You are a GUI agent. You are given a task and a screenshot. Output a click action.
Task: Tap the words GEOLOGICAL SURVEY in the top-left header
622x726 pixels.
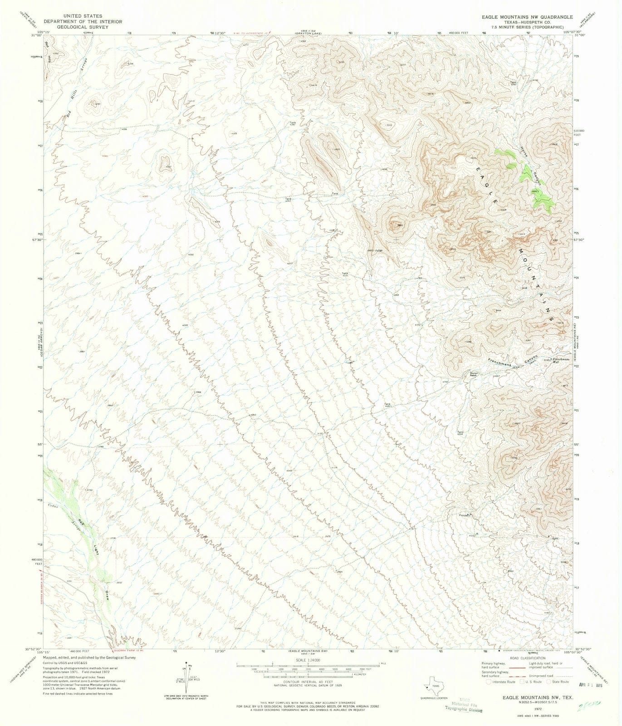73,26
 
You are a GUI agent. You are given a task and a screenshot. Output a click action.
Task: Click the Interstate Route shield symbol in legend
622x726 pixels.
488,682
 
